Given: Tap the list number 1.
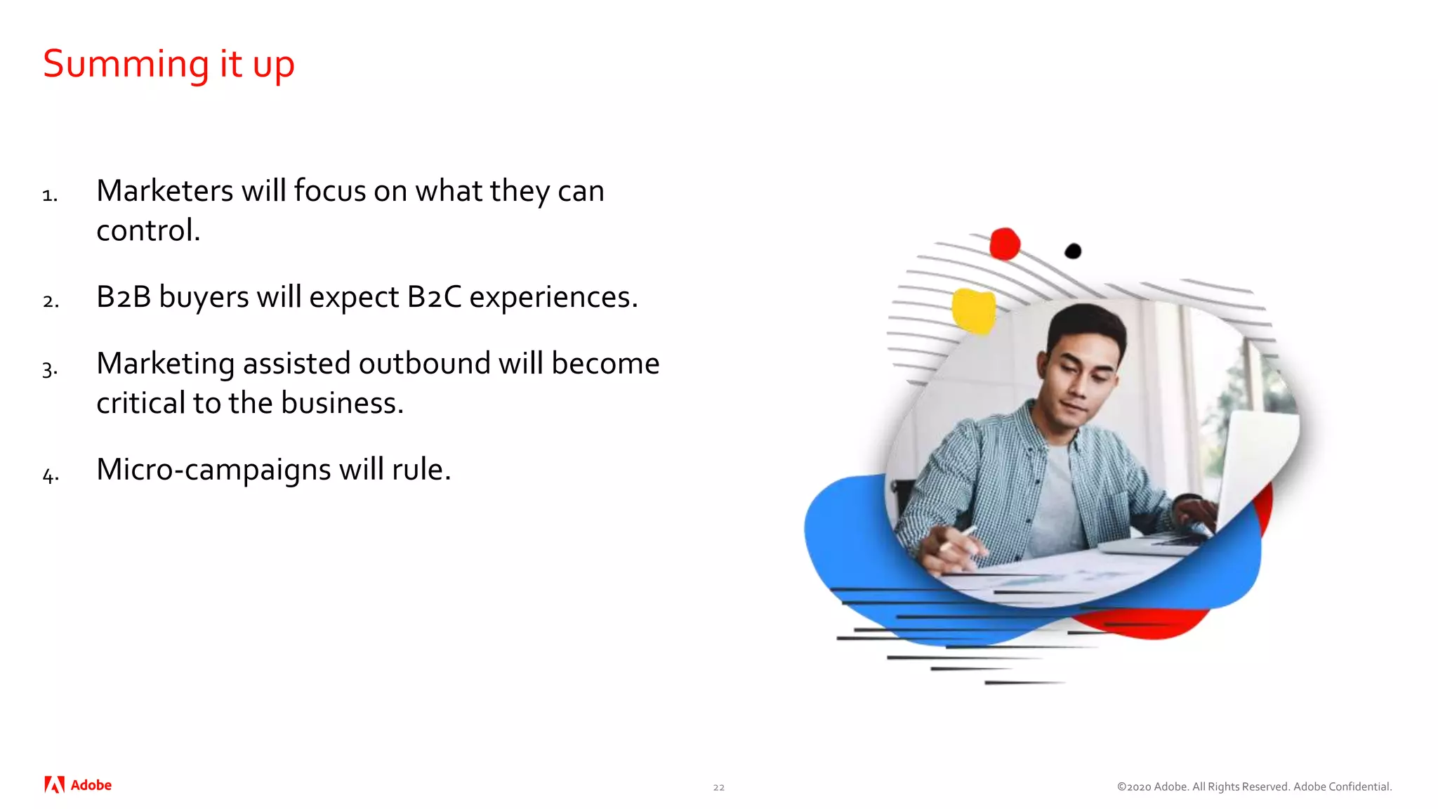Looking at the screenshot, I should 49,195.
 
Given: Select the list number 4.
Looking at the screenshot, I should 50,475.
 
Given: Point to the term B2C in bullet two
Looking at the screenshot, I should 434,297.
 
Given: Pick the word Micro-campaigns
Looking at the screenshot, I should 213,470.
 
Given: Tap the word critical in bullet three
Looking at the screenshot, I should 140,403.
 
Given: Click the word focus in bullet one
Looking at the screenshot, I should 329,191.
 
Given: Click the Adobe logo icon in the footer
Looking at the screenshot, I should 54,785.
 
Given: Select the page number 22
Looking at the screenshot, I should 718,787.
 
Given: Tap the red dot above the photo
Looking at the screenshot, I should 1004,244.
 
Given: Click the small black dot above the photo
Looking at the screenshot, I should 1072,251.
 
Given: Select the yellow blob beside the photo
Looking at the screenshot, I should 974,310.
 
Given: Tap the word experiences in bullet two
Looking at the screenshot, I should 553,297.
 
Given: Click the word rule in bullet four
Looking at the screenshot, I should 421,470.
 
